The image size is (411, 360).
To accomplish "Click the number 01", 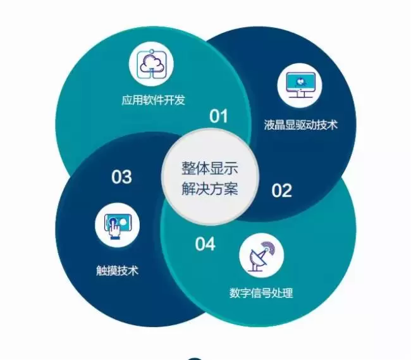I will (218, 116).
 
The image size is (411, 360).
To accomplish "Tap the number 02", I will (282, 190).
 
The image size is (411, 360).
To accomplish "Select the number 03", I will (121, 177).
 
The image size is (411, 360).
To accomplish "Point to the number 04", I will (205, 244).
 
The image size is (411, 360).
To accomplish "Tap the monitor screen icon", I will (300, 86).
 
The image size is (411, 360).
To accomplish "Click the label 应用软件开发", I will (154, 100).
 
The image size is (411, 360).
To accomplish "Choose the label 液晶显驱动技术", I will (300, 125).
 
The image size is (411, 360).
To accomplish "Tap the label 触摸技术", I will (117, 271).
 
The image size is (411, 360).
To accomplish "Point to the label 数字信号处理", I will (261, 294).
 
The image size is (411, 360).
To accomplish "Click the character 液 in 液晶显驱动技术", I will (269, 125).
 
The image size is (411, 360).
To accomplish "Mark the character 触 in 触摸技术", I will (101, 271).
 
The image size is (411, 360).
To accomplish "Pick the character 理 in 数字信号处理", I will (288, 294).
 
